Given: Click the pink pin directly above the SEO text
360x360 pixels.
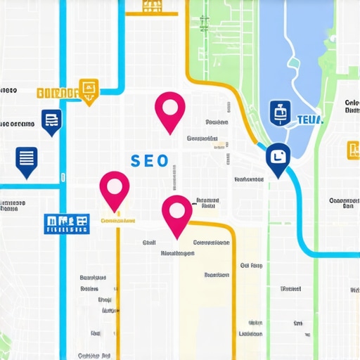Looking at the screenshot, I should [x=169, y=110].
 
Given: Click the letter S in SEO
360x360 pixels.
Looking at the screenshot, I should [x=136, y=161].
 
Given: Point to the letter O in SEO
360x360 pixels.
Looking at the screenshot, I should [x=163, y=161].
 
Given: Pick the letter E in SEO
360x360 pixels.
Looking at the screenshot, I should [x=149, y=161].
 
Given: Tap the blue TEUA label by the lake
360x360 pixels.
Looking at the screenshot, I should [x=310, y=120].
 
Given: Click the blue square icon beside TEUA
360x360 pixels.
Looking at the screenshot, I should [x=281, y=112].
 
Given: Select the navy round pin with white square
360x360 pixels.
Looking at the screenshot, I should [x=278, y=160].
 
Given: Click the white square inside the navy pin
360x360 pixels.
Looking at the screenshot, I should [x=278, y=157].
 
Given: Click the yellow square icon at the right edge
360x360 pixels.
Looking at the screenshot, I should [x=353, y=150].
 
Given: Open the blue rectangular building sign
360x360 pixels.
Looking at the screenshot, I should [x=67, y=224].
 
